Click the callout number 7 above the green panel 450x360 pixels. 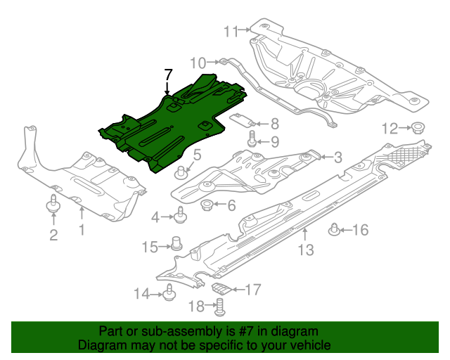[167, 74]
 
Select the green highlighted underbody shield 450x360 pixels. [169, 127]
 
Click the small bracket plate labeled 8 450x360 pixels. [243, 120]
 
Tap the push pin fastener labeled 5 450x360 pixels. [182, 171]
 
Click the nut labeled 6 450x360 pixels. [208, 205]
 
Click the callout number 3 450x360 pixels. [337, 158]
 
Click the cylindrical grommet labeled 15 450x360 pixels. [177, 244]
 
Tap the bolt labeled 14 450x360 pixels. [169, 293]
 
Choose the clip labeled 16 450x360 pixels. [335, 229]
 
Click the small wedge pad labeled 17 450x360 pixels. [221, 288]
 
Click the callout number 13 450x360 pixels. [305, 250]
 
